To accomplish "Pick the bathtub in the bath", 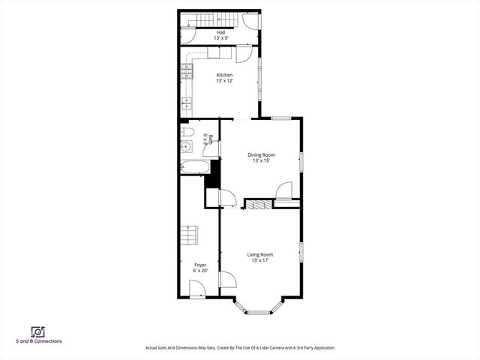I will click(x=194, y=167).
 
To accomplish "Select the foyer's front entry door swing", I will click(x=197, y=289).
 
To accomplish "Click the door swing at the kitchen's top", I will click(x=244, y=55).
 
